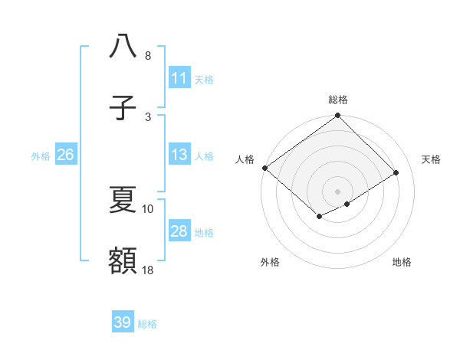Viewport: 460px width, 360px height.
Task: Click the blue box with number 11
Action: click(x=179, y=78)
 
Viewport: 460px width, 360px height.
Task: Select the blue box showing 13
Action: click(x=179, y=155)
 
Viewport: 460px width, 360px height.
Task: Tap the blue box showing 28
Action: click(x=179, y=231)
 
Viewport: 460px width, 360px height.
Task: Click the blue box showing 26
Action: click(x=65, y=155)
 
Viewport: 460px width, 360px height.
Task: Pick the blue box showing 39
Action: click(x=123, y=322)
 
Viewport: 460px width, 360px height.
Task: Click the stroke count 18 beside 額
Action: click(x=148, y=270)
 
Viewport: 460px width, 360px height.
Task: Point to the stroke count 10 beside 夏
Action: click(x=148, y=208)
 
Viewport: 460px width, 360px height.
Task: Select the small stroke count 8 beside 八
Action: click(x=148, y=56)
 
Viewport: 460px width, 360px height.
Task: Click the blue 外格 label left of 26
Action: click(x=41, y=155)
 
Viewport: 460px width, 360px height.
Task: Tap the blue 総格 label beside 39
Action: click(x=147, y=324)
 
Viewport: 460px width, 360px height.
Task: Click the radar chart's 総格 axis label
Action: click(x=338, y=100)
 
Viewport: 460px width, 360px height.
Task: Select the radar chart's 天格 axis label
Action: click(x=432, y=159)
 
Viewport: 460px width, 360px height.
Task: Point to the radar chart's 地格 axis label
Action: click(x=402, y=262)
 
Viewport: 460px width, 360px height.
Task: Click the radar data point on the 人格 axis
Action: click(x=264, y=168)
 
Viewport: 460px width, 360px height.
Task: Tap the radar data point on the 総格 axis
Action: click(x=337, y=116)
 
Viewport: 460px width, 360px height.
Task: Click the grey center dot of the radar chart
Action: click(x=337, y=191)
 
